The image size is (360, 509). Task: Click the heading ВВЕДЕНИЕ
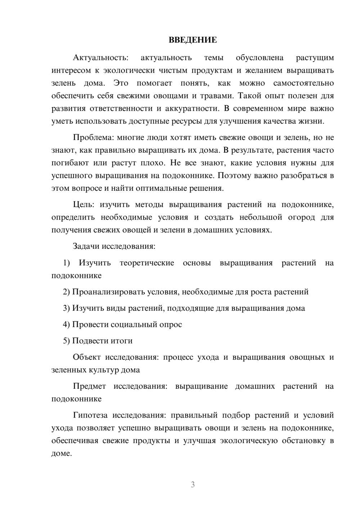coord(193,40)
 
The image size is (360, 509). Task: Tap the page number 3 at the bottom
coord(193,485)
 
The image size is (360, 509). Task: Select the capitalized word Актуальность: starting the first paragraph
coord(100,58)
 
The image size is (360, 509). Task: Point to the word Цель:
coord(84,205)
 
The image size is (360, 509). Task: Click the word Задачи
coord(86,247)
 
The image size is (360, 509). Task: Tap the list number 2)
coord(67,292)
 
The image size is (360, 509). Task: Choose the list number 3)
coord(67,308)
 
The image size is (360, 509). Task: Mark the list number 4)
coord(67,324)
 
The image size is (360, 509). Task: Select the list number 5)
coord(67,341)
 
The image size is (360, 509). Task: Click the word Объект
coord(87,357)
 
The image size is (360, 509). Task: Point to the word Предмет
coord(89,386)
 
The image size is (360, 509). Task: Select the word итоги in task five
coord(122,341)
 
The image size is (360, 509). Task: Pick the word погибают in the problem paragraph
coord(70,163)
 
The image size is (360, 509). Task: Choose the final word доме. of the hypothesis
coord(62,454)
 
